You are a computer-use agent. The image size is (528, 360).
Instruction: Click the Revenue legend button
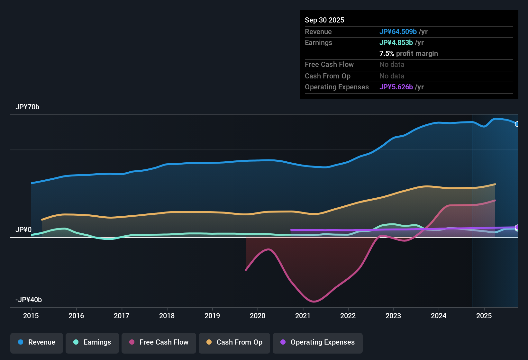coord(37,342)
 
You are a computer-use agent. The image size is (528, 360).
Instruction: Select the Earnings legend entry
coord(92,342)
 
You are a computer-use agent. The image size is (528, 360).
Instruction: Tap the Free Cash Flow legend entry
coord(159,342)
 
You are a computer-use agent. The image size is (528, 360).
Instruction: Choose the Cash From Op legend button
coord(234,342)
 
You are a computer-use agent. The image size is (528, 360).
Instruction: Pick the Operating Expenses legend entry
coord(318,342)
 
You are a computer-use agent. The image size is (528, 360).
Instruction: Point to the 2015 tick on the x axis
coord(31,316)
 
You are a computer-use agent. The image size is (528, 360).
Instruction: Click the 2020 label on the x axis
coord(258,316)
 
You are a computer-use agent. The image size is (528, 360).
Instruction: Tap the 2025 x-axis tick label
coord(484,316)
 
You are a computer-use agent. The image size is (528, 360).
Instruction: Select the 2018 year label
coord(167,316)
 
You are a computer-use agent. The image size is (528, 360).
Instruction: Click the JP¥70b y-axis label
coord(27,107)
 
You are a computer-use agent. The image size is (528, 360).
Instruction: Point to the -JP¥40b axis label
coord(29,300)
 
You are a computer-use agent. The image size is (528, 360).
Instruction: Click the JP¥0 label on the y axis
coord(23,230)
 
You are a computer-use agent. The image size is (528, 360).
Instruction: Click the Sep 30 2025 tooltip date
coord(324,20)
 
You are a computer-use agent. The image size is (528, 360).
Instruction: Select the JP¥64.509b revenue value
coord(398,32)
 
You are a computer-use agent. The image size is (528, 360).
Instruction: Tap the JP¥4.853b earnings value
coord(396,43)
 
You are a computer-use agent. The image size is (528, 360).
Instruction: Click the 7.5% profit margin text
coord(409,54)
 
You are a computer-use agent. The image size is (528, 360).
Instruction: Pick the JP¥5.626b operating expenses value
coord(396,87)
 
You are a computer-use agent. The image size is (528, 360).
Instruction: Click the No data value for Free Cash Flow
coord(392,65)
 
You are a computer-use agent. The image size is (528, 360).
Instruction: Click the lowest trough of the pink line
coord(314,301)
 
